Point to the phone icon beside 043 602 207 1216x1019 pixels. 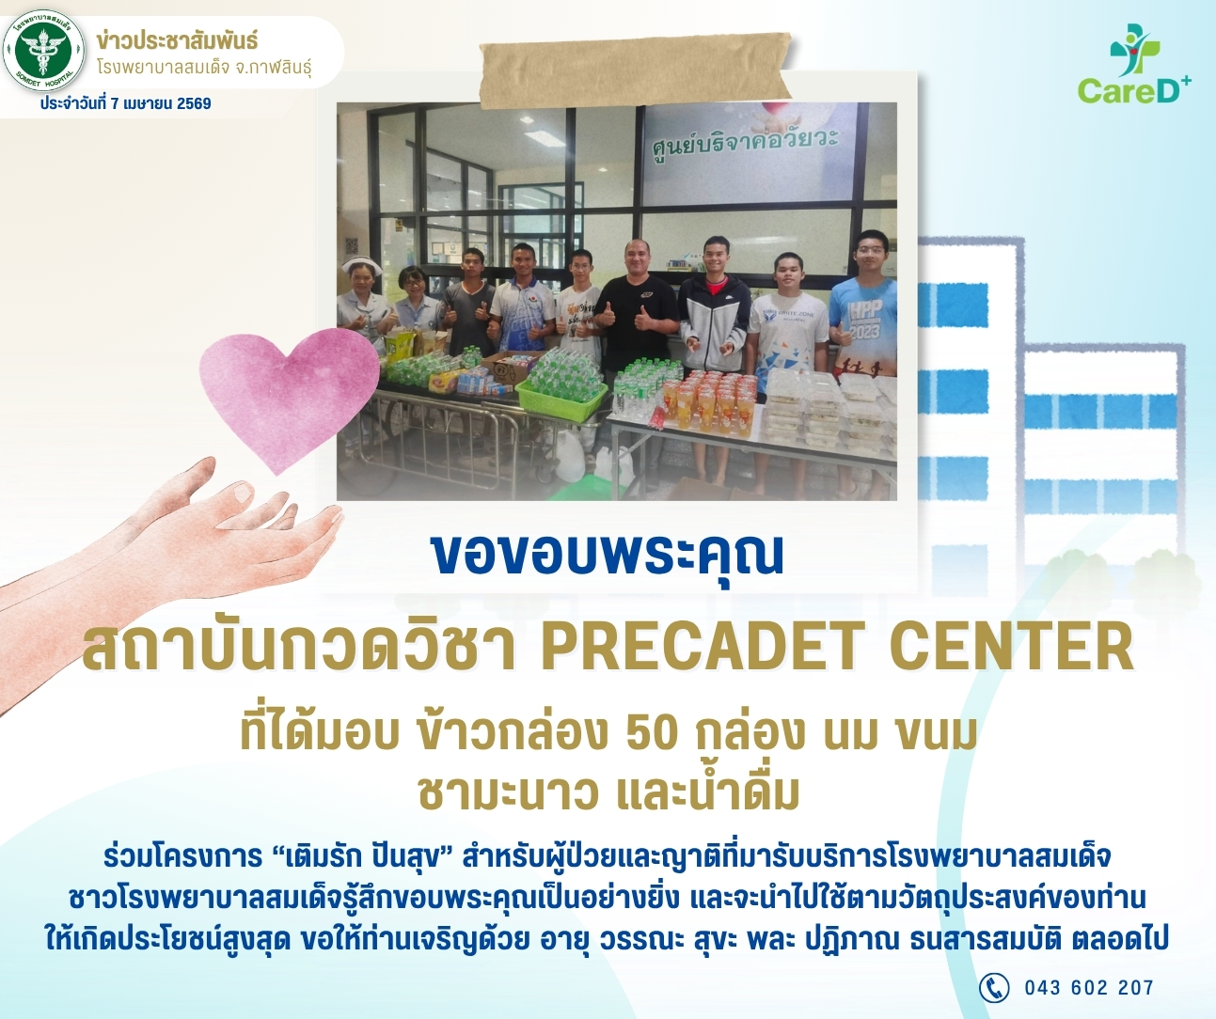pos(993,987)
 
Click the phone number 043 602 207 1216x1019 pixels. pos(1089,988)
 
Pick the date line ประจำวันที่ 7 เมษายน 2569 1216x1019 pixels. pos(126,103)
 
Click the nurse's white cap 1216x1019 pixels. pos(362,266)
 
